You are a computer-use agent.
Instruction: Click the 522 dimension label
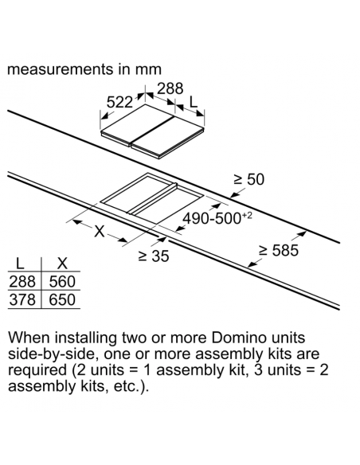click(x=119, y=103)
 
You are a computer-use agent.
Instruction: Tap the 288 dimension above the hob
click(x=170, y=88)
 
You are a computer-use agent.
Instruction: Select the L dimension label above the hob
click(x=193, y=103)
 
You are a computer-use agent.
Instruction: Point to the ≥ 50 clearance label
click(x=248, y=179)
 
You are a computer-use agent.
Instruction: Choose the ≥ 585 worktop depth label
click(x=279, y=250)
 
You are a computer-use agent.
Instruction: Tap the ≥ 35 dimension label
click(x=154, y=256)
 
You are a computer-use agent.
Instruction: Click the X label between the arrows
click(x=100, y=231)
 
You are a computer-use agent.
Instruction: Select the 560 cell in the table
click(x=62, y=281)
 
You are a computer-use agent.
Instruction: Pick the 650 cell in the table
click(x=62, y=299)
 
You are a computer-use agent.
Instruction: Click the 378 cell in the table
click(x=22, y=299)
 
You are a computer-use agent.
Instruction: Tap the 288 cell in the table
click(x=22, y=281)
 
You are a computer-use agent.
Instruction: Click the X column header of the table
click(x=62, y=264)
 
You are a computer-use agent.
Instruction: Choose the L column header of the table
click(x=20, y=264)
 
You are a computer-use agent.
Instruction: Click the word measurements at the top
click(x=59, y=70)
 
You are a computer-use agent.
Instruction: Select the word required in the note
click(x=37, y=370)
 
